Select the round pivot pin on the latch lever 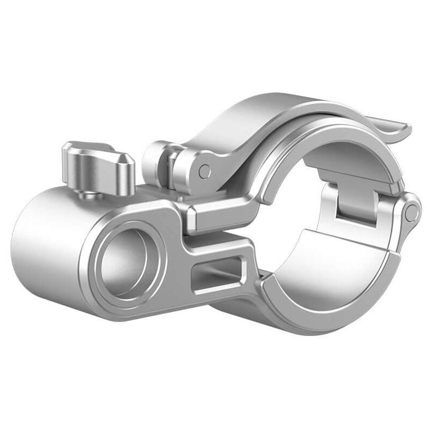click(204, 170)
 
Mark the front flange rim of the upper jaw click(281, 162)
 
